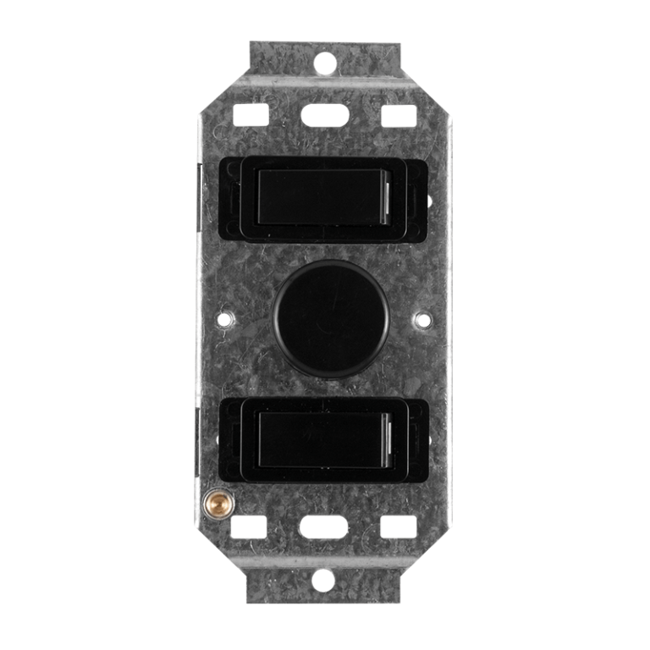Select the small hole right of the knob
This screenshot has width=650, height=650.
coord(420,320)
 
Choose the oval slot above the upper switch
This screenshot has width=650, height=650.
coord(324,112)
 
